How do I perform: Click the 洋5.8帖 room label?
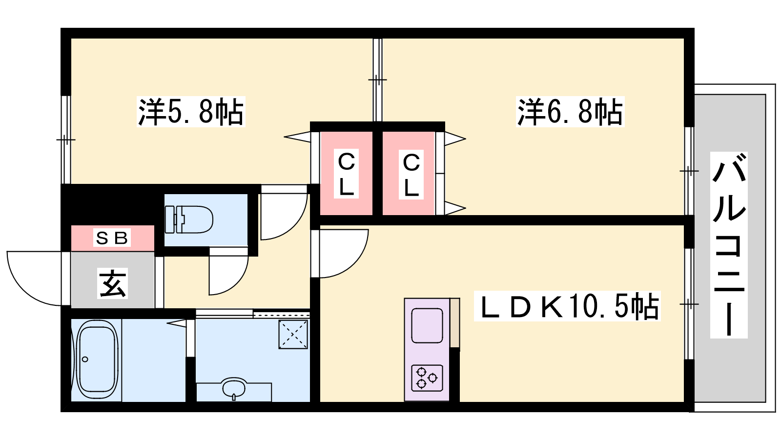(x=191, y=112)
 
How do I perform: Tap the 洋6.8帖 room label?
(x=570, y=112)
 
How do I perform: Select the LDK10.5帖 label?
(x=567, y=306)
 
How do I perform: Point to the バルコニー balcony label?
(x=729, y=245)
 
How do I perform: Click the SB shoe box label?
(x=112, y=238)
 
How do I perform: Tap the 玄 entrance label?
(x=112, y=283)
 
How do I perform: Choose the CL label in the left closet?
(x=346, y=174)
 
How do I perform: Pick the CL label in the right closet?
(x=411, y=175)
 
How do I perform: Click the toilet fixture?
(x=188, y=219)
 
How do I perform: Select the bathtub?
(x=97, y=360)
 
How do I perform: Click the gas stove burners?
(x=427, y=378)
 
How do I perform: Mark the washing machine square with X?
(x=293, y=334)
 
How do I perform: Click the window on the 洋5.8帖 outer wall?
(x=66, y=140)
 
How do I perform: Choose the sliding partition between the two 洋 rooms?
(x=378, y=80)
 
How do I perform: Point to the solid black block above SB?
(x=112, y=205)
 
